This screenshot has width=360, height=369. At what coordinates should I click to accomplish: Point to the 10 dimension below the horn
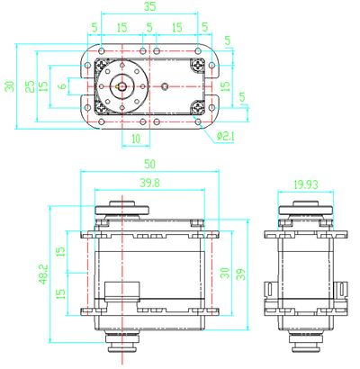coord(135,138)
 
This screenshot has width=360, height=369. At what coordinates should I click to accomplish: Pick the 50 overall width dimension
coord(149,165)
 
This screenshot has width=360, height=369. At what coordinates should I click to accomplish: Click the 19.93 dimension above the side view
coord(305,184)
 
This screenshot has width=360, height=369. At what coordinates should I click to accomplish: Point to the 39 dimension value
coord(240,274)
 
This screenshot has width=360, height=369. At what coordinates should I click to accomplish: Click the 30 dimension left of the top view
coord(9,85)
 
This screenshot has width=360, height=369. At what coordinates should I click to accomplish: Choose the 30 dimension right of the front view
coord(225,274)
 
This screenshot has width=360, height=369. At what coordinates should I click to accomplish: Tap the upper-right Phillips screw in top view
coord(198,65)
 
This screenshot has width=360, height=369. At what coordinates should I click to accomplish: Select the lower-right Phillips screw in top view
coord(198,107)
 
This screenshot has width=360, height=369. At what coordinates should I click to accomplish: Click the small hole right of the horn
coord(166,86)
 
